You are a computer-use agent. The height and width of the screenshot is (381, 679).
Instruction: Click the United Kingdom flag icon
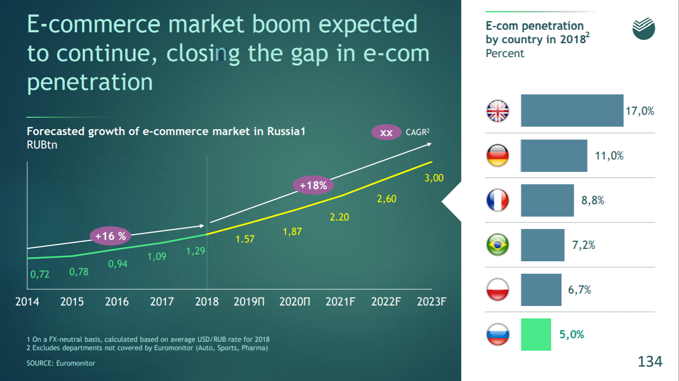(497, 111)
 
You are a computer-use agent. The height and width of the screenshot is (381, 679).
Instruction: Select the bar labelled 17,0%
(572, 111)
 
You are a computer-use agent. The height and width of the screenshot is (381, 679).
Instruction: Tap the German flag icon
(497, 155)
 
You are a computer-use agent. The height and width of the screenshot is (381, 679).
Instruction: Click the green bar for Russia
(536, 334)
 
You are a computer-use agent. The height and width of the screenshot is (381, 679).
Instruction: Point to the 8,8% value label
(593, 201)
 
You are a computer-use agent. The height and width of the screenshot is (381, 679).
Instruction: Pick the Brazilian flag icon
(497, 245)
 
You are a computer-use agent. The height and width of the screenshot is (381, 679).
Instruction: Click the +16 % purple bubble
(111, 236)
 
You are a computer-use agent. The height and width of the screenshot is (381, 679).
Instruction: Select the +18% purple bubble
(313, 186)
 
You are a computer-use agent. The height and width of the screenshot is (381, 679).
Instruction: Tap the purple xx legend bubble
(386, 133)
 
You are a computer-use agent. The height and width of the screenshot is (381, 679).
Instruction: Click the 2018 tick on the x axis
(207, 302)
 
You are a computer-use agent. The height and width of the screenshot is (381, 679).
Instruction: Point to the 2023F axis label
(431, 302)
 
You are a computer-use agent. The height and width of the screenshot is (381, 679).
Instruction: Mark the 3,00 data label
(434, 178)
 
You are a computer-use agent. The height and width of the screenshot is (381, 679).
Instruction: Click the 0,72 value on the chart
(40, 274)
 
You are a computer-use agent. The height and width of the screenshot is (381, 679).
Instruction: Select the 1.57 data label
(245, 239)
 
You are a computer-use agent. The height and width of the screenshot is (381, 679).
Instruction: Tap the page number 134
(650, 361)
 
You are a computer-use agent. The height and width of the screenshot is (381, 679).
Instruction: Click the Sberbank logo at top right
(644, 29)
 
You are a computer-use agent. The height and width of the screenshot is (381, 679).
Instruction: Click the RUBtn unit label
(42, 145)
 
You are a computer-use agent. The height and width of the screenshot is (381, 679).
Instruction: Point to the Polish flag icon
(497, 290)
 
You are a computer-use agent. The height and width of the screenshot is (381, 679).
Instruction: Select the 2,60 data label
(387, 199)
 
